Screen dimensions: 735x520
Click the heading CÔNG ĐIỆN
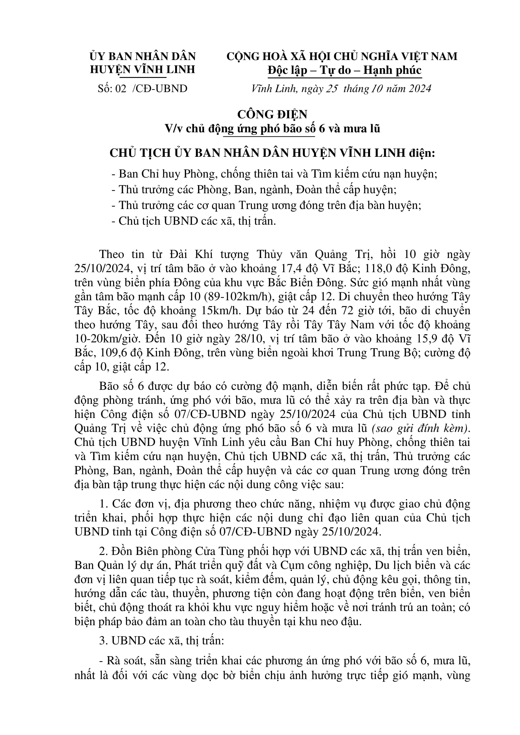click(272, 114)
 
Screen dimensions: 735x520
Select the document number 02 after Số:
click(121, 88)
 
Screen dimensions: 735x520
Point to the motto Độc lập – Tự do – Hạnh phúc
click(345, 70)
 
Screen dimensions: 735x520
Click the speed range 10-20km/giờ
click(111, 339)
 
